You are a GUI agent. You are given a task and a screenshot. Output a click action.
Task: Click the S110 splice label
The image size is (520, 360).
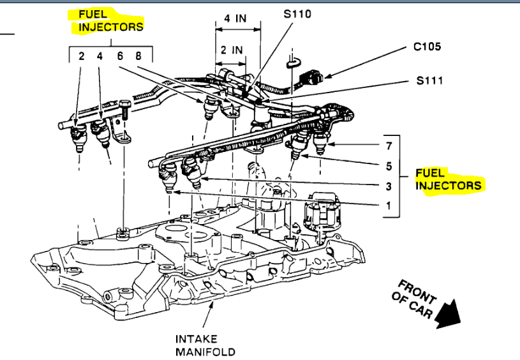pos(297,13)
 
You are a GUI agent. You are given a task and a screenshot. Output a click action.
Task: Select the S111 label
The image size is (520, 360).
pos(429,81)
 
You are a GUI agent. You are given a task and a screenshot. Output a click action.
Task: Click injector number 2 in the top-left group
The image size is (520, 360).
pos(81,56)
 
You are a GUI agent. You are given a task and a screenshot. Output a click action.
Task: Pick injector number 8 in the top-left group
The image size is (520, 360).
pos(138,56)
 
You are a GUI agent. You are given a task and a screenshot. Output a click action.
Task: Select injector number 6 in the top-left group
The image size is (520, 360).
pos(119,56)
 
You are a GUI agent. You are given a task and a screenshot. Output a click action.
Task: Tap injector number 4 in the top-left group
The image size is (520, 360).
pos(100,56)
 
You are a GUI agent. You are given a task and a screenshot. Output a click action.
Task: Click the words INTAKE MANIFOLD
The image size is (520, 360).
pos(205,345)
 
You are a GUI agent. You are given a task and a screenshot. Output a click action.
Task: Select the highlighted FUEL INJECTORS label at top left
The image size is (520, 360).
pos(110,20)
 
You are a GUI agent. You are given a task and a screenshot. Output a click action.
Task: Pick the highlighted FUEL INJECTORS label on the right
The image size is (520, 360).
pos(448,179)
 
